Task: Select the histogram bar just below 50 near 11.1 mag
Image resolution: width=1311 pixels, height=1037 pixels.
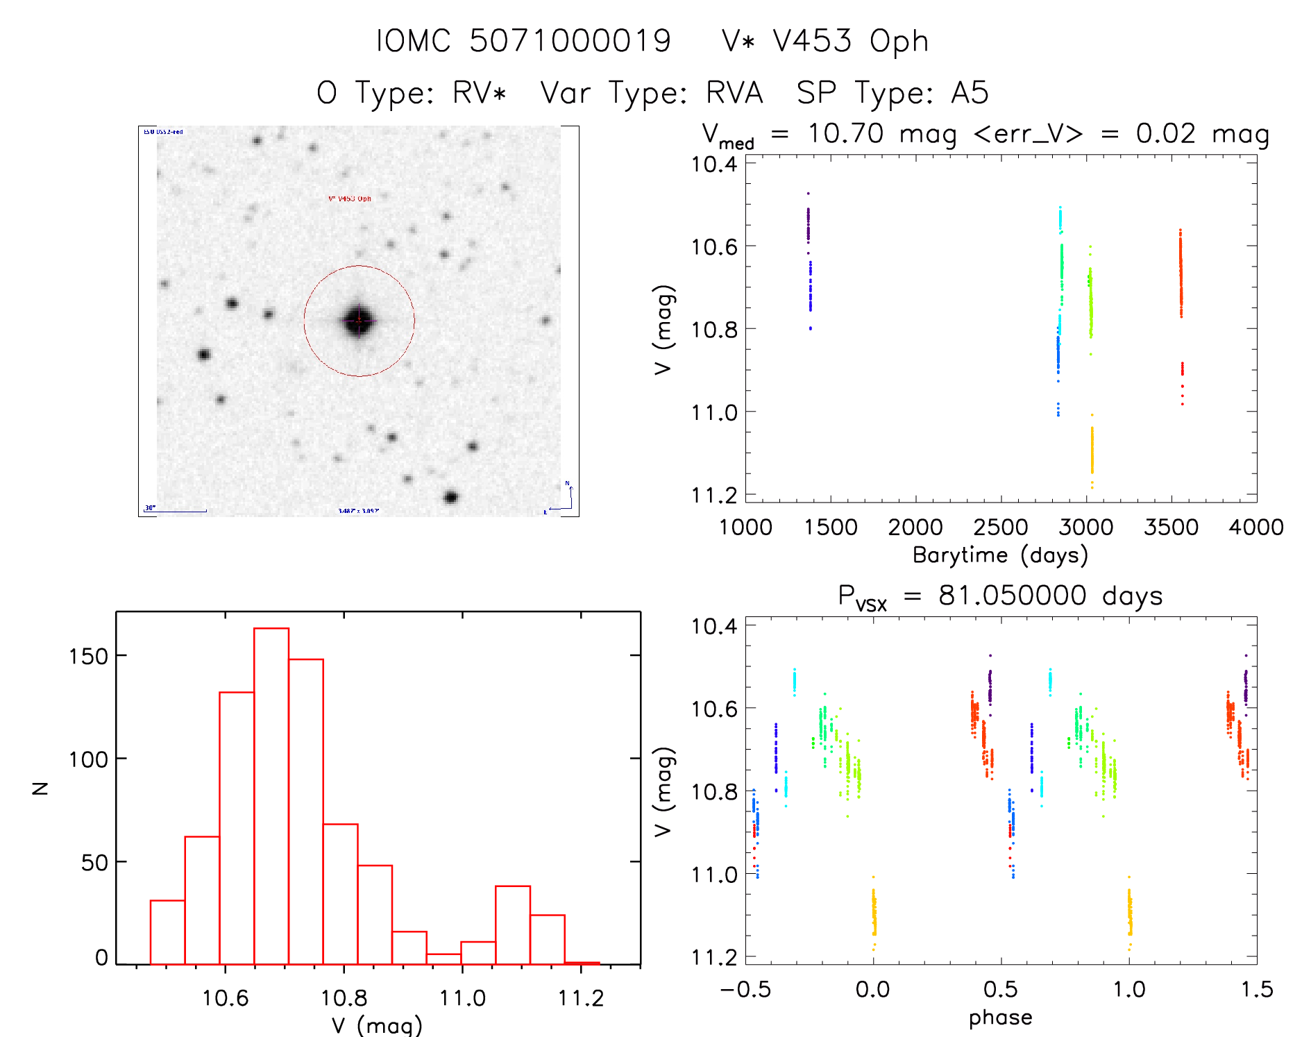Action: pyautogui.click(x=513, y=925)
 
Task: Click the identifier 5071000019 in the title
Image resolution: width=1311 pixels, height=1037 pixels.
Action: pyautogui.click(x=570, y=41)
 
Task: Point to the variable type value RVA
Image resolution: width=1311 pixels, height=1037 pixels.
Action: pyautogui.click(x=734, y=93)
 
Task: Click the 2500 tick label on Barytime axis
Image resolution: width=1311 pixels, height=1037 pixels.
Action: pyautogui.click(x=1000, y=528)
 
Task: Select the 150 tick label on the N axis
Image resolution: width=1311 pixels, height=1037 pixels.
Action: pyautogui.click(x=88, y=657)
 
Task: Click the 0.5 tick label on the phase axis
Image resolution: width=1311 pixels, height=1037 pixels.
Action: pyautogui.click(x=1001, y=989)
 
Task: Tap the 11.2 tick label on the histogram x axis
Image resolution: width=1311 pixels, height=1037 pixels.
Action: pyautogui.click(x=581, y=998)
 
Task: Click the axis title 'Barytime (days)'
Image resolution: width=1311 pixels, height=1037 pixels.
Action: pyautogui.click(x=1000, y=555)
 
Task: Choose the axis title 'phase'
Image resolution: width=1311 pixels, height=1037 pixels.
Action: pyautogui.click(x=1000, y=1018)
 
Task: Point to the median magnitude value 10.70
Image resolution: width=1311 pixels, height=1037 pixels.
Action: pyautogui.click(x=845, y=133)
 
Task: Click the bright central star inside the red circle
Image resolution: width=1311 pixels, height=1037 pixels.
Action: pyautogui.click(x=359, y=320)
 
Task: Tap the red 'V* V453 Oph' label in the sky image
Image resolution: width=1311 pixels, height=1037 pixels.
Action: pyautogui.click(x=350, y=199)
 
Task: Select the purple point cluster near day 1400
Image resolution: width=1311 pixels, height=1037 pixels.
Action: pyautogui.click(x=809, y=224)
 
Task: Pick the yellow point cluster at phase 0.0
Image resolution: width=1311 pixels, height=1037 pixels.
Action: pyautogui.click(x=874, y=913)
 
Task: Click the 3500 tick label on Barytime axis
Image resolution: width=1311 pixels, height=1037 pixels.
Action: pyautogui.click(x=1171, y=528)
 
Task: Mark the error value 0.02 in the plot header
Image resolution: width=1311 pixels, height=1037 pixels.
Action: pyautogui.click(x=1165, y=133)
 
